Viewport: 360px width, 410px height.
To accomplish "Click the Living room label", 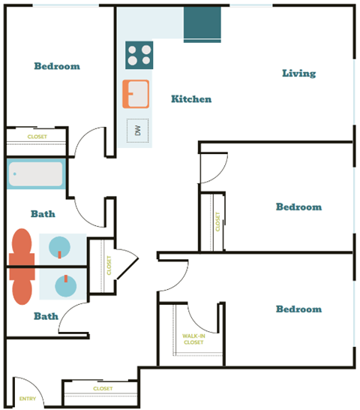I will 298,74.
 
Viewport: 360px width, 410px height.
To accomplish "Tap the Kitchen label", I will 190,99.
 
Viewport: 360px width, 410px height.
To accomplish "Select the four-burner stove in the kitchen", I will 139,56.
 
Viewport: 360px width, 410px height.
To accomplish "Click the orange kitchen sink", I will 136,94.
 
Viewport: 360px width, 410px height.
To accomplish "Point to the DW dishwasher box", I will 137,131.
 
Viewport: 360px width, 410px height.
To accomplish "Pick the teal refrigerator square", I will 202,24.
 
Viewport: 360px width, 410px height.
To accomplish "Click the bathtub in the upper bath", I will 36,175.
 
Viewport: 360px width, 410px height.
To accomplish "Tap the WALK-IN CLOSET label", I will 193,339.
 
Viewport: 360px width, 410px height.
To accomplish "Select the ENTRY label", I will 28,399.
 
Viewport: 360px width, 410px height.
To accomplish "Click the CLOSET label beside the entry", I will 103,389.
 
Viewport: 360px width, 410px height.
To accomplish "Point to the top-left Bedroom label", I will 57,66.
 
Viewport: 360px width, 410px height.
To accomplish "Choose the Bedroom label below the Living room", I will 298,207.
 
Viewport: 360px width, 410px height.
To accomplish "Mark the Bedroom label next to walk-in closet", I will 298,309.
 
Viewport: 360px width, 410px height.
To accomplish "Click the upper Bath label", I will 43,214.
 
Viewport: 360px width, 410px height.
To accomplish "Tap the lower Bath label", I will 46,316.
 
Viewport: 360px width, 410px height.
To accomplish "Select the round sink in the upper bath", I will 61,246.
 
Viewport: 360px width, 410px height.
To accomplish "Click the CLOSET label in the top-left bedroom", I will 37,137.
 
